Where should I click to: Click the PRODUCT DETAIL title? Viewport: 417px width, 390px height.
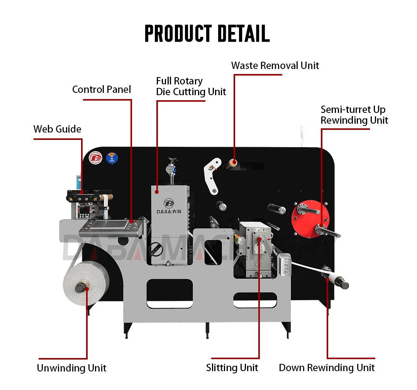click(207, 34)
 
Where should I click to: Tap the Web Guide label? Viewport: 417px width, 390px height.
click(57, 129)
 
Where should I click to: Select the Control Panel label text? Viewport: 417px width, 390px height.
click(102, 89)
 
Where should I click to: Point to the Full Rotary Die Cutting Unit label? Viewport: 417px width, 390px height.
click(191, 86)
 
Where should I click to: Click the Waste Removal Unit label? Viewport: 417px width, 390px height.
click(275, 66)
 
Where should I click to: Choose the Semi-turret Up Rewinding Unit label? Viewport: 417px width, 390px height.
click(354, 115)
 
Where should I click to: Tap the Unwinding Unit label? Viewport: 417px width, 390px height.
click(71, 368)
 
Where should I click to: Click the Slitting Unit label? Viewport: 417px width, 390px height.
click(232, 368)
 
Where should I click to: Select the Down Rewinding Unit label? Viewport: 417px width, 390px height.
click(327, 368)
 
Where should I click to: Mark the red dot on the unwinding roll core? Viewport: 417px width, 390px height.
click(86, 287)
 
